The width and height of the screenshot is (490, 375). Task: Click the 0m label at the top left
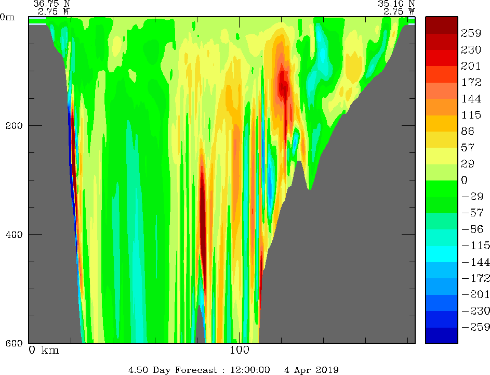click(x=8, y=17)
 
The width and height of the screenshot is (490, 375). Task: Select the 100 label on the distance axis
click(x=240, y=350)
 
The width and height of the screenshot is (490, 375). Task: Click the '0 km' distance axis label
click(x=44, y=350)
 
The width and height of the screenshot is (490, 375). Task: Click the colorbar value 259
click(x=471, y=33)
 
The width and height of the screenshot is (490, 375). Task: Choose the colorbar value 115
click(x=471, y=114)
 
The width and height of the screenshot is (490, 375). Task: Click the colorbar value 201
click(x=471, y=66)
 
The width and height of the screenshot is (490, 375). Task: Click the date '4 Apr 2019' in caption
click(x=311, y=370)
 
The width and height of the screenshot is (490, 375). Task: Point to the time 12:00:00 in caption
click(x=251, y=370)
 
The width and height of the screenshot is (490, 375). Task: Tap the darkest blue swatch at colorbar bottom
click(x=441, y=335)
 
